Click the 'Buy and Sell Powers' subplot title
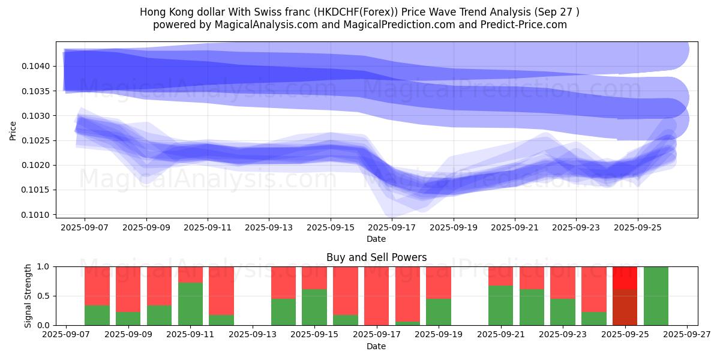click(376, 257)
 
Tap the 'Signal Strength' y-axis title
click(28, 296)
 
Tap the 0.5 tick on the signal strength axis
click(43, 296)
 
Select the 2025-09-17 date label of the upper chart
click(391, 227)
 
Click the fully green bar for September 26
click(656, 296)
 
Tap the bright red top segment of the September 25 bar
click(625, 278)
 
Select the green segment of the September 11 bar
click(190, 304)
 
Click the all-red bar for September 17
click(376, 296)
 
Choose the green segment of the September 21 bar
click(500, 305)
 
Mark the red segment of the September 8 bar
click(97, 286)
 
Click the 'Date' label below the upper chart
click(376, 239)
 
